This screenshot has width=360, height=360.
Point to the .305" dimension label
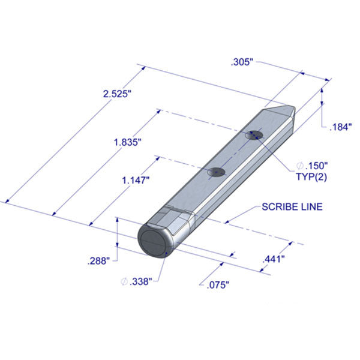pyautogui.click(x=242, y=62)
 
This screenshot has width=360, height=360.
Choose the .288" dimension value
pyautogui.click(x=97, y=260)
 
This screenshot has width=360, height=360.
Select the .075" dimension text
pyautogui.click(x=214, y=285)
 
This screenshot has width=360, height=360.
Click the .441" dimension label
pyautogui.click(x=273, y=259)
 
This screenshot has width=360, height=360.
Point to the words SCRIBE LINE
pyautogui.click(x=292, y=207)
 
